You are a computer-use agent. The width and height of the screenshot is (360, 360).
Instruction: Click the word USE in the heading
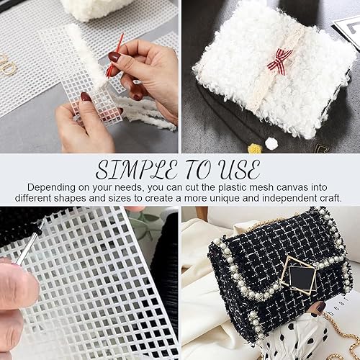tap(236, 170)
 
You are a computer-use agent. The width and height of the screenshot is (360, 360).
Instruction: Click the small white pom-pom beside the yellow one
tap(271, 144)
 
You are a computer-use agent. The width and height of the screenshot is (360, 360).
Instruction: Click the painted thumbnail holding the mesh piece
tap(86, 99)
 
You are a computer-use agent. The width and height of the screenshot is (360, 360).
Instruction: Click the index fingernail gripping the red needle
tap(114, 57)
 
